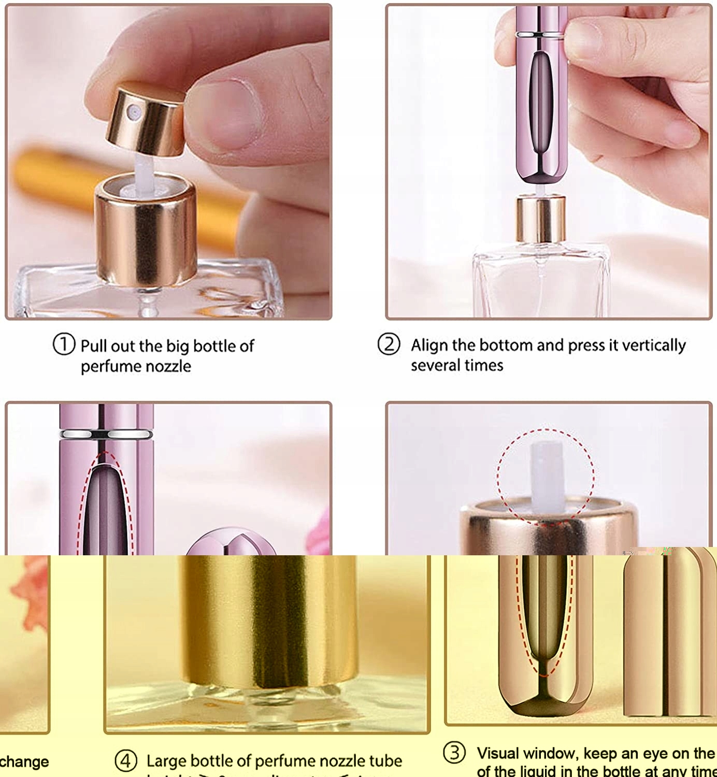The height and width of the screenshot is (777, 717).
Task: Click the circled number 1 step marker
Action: [64, 344]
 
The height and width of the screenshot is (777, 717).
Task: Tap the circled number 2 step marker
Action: [389, 344]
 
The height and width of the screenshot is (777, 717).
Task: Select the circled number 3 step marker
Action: [454, 752]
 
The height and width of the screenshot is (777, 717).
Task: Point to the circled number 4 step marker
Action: [125, 761]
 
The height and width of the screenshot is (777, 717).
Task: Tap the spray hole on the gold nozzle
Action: [134, 110]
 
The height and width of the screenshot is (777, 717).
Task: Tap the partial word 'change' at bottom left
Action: [24, 762]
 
